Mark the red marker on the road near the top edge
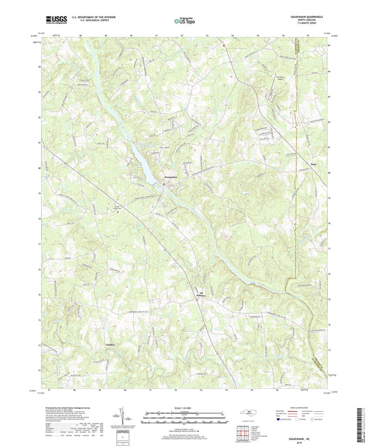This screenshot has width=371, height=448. coord(224,46)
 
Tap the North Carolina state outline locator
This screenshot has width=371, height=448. coord(247,413)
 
